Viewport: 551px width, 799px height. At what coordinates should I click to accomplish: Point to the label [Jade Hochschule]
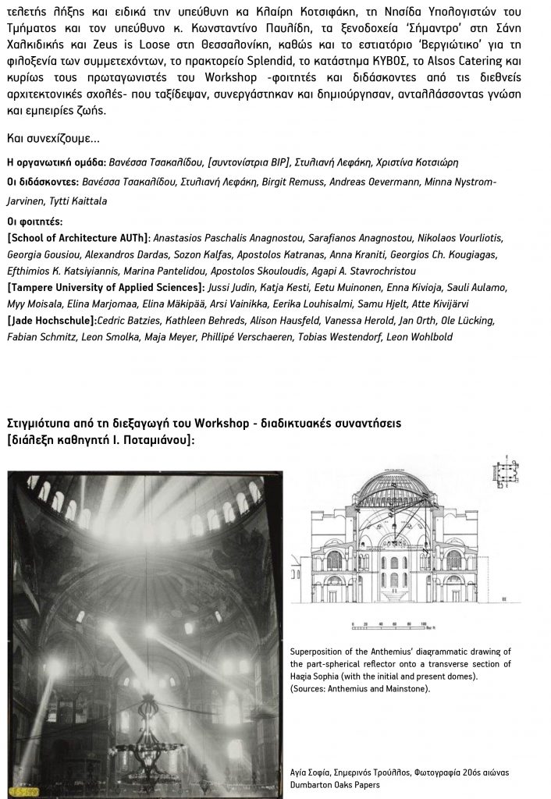pyautogui.click(x=52, y=320)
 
